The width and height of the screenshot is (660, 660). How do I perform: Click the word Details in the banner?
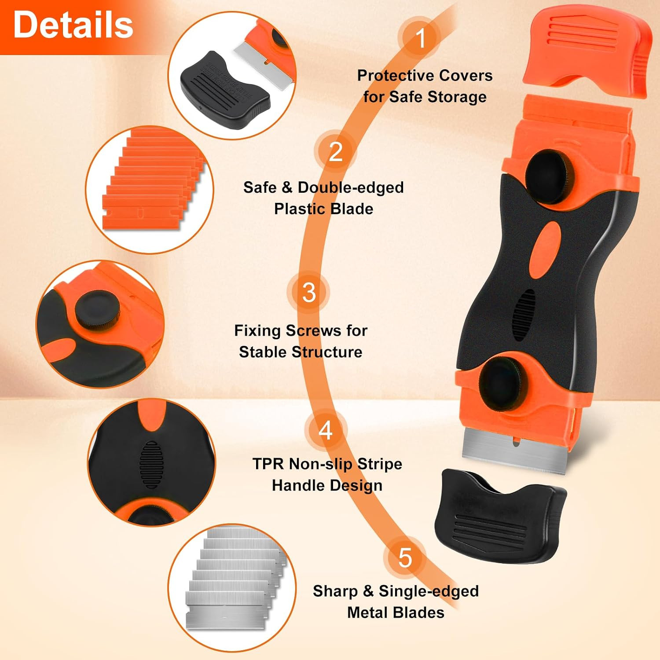(x=73, y=25)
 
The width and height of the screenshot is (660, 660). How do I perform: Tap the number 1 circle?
(x=420, y=38)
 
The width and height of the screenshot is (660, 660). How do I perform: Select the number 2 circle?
(x=335, y=152)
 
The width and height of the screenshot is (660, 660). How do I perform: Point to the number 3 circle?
(x=309, y=293)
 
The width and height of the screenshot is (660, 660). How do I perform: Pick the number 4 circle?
(x=326, y=430)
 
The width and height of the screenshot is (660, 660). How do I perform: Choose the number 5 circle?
(x=405, y=558)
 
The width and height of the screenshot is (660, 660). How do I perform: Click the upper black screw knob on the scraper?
(x=550, y=176)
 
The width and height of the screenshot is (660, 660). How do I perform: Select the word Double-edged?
(x=351, y=187)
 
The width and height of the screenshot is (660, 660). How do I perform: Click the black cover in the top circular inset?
(x=225, y=90)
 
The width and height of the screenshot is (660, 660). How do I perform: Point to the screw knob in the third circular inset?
(x=96, y=311)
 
